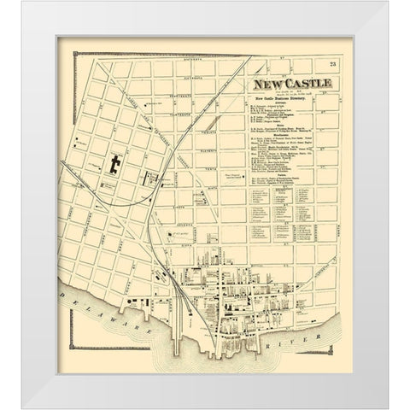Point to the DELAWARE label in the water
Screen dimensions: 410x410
(94, 318)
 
